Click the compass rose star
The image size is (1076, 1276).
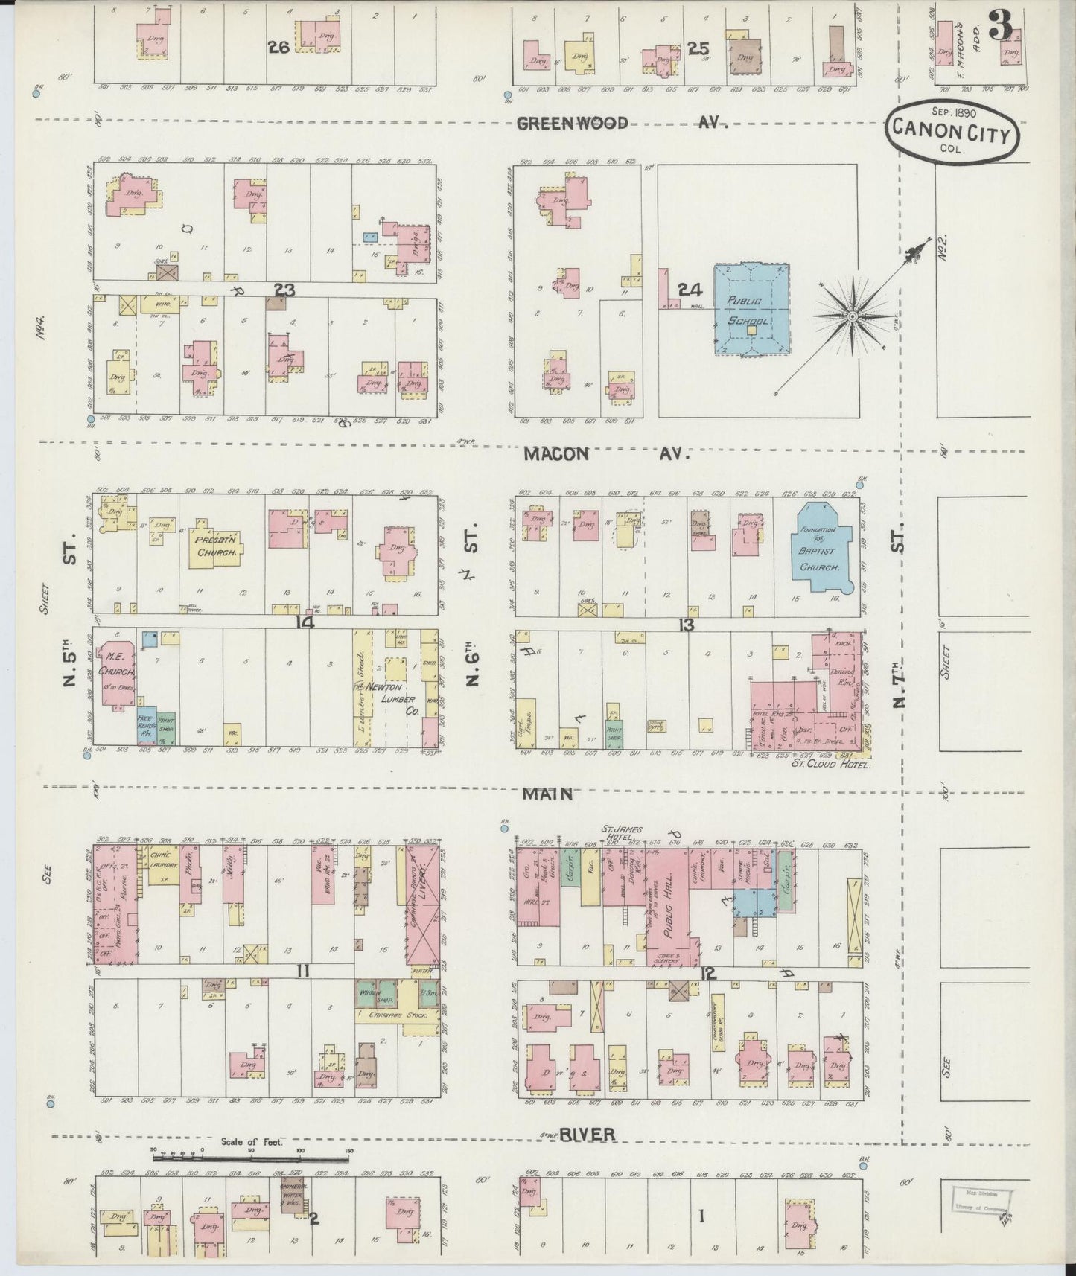click(x=851, y=316)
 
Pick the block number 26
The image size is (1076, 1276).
click(x=278, y=47)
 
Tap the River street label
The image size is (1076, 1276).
click(x=587, y=1135)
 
